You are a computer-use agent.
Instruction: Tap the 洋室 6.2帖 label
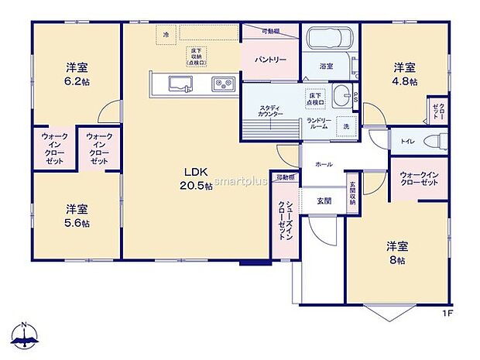(x=76, y=72)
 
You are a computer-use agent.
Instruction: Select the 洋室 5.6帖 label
(x=76, y=215)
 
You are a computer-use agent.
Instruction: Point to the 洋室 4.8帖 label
(x=405, y=73)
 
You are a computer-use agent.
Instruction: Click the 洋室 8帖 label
(x=397, y=252)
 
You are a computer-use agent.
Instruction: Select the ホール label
(x=324, y=164)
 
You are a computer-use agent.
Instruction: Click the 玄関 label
(x=324, y=201)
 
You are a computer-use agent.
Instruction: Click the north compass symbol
(x=26, y=335)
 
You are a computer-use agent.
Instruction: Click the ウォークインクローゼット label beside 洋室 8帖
(x=419, y=177)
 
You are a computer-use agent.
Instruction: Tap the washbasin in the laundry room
(x=341, y=98)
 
